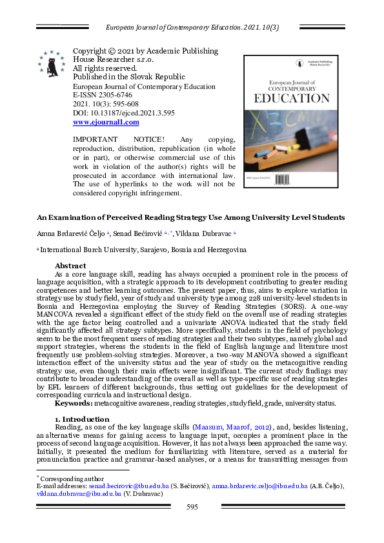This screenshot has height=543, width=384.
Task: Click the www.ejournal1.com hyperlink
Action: [106, 122]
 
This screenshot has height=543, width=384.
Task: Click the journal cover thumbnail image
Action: [290, 121]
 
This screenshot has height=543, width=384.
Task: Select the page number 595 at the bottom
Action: [192, 508]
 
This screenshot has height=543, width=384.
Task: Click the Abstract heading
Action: [70, 266]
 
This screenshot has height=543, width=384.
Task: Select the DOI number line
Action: [115, 112]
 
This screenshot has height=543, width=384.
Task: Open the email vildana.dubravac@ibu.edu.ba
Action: [77, 493]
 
